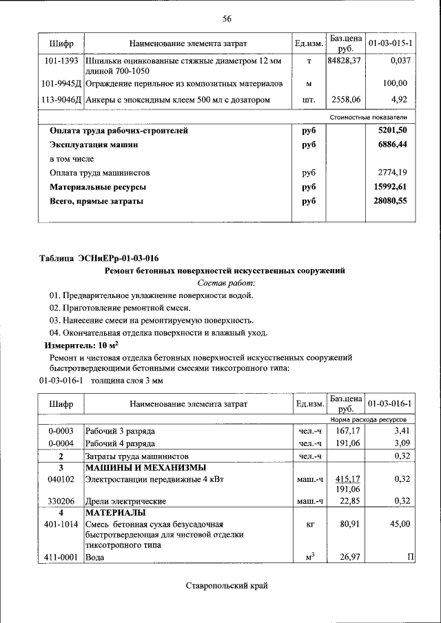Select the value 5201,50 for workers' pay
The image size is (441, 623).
click(x=394, y=130)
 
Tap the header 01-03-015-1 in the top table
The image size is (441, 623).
click(x=390, y=43)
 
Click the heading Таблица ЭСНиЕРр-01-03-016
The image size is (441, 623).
click(x=99, y=259)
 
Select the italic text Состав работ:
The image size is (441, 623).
click(x=227, y=283)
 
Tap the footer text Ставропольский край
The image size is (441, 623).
click(x=226, y=586)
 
